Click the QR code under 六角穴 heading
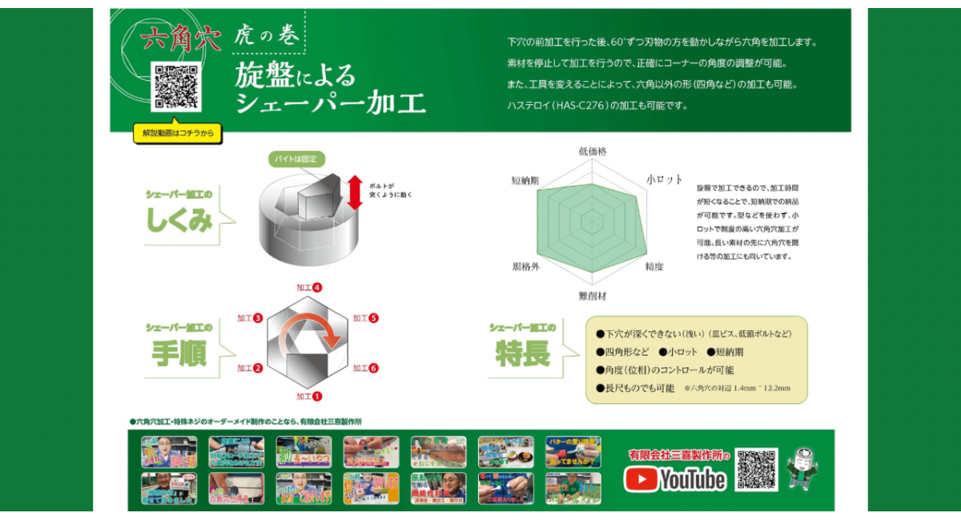click(x=175, y=87)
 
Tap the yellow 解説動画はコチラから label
click(x=178, y=135)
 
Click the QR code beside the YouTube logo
click(x=757, y=470)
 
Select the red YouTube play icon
click(x=641, y=479)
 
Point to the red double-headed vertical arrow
click(x=356, y=192)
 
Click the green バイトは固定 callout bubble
click(x=296, y=160)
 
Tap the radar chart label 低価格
click(x=593, y=151)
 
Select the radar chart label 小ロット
click(x=664, y=180)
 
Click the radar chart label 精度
click(x=653, y=266)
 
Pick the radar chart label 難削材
click(x=593, y=296)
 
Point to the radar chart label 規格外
click(x=526, y=266)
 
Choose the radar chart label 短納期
click(x=525, y=180)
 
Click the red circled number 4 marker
click(x=318, y=287)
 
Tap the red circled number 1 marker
click(x=317, y=396)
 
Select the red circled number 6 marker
click(x=373, y=368)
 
